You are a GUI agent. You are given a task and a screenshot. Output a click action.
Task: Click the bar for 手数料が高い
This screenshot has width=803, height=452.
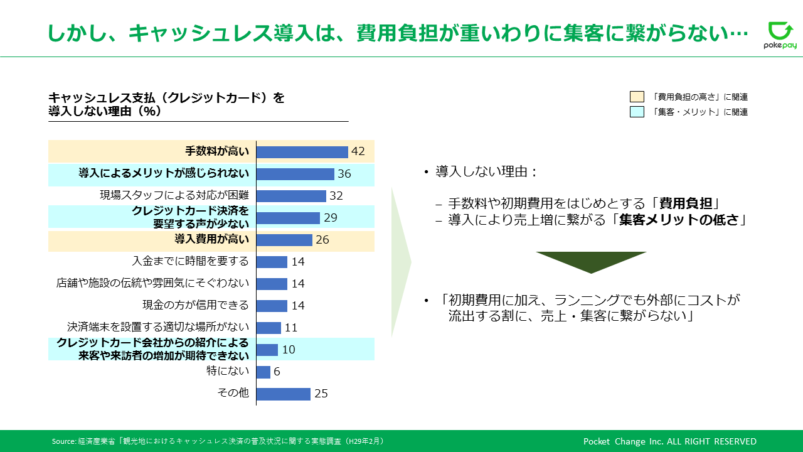302,152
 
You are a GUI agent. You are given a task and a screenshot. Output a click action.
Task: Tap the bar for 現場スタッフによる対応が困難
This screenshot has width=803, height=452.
292,196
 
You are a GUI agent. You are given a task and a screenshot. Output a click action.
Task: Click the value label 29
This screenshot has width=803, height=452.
331,218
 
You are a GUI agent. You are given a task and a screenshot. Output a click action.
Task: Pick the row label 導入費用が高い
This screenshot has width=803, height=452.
211,239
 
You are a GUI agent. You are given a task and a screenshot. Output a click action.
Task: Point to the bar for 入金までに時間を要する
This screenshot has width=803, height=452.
272,262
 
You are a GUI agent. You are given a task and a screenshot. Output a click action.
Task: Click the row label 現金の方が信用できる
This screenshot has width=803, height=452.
195,305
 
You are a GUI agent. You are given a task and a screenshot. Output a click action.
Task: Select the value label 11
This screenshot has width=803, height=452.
290,328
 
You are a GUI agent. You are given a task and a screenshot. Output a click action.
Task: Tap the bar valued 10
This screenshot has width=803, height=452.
267,350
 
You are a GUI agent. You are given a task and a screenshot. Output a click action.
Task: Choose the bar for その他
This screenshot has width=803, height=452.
284,394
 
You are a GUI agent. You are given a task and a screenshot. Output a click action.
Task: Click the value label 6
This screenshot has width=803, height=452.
277,372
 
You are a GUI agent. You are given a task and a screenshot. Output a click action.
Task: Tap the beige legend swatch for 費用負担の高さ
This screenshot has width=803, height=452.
637,97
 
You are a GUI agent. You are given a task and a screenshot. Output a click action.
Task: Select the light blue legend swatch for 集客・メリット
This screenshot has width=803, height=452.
637,112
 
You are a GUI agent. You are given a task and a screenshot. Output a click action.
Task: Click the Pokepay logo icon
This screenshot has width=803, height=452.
780,31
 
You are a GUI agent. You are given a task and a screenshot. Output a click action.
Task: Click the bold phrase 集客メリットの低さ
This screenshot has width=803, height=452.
679,220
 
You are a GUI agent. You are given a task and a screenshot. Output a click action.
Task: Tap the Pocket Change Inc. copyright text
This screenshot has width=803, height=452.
669,441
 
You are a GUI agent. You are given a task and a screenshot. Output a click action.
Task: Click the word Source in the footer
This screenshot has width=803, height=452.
63,441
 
